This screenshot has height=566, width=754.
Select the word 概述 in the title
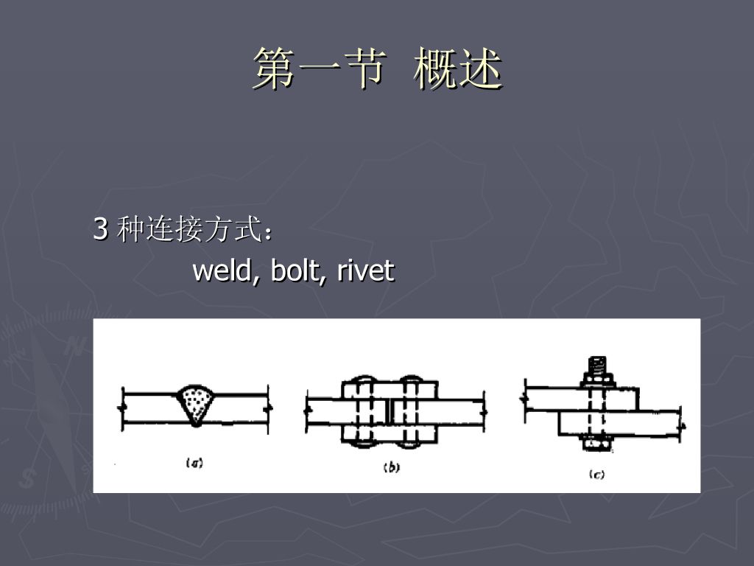(x=457, y=69)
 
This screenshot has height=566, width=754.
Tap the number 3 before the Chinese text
(x=100, y=230)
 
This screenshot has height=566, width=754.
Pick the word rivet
(x=366, y=271)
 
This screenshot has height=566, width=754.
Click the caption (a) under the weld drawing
(x=194, y=463)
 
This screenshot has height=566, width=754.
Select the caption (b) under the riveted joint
(x=391, y=467)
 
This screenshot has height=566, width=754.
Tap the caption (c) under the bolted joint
(x=596, y=474)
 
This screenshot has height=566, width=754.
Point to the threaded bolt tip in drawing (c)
(x=596, y=364)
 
